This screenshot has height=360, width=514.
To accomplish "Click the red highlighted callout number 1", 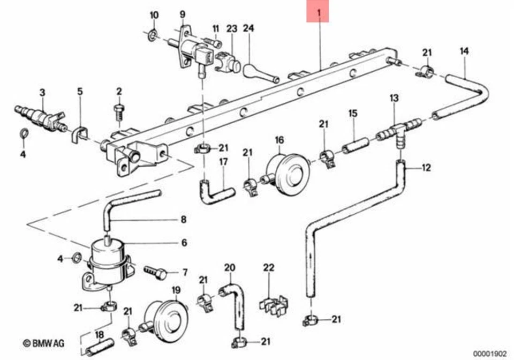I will [x=318, y=12].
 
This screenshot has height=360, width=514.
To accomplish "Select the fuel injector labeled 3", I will [x=41, y=116].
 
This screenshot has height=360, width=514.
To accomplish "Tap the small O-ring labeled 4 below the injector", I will [x=24, y=134].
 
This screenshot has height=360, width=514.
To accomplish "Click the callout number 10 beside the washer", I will [x=154, y=15].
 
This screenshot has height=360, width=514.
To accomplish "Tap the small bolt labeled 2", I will [x=119, y=112].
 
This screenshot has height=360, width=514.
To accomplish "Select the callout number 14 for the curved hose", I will [x=464, y=51].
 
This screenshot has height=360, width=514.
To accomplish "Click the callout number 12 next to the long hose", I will [x=426, y=168].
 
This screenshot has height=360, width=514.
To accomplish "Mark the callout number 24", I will [x=248, y=28].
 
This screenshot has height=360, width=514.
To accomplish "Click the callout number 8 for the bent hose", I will [x=183, y=220].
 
